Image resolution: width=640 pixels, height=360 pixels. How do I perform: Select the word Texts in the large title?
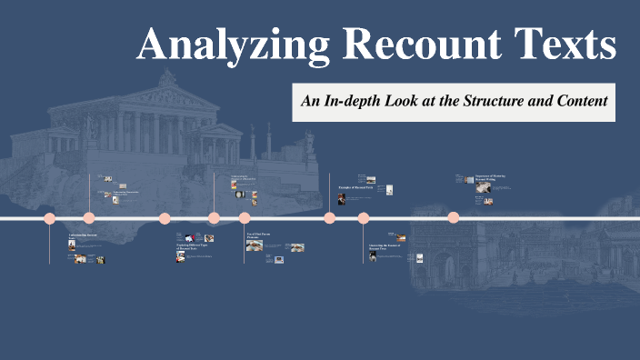point(558,45)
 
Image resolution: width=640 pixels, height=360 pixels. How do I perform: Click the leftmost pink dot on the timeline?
point(50,218)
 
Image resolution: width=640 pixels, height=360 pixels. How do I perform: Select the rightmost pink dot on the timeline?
point(454,217)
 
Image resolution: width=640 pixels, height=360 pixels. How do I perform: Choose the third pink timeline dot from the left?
point(165,218)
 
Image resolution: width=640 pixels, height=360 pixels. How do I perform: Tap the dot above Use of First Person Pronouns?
point(245,218)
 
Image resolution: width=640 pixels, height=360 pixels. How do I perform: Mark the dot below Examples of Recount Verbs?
point(330,218)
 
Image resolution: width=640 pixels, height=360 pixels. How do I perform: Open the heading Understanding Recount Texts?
point(83,236)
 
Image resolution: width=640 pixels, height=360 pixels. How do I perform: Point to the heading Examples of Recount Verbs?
point(356,186)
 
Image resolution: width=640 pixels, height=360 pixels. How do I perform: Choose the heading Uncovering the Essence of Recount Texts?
point(385,247)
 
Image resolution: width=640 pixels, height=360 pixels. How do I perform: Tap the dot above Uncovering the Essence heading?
point(364,218)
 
